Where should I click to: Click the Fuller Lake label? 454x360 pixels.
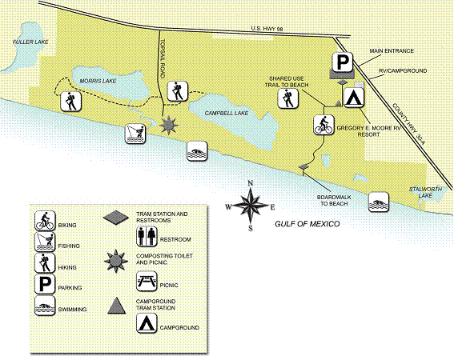pos(30,42)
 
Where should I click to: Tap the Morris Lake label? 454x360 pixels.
pos(98,81)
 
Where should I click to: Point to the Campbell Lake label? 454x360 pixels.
pos(227,113)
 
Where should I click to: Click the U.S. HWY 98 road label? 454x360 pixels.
pos(267,29)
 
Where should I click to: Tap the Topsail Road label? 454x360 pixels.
pos(163,58)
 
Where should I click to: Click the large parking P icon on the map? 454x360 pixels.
pos(342,62)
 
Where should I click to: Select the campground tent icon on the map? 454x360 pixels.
pos(354,98)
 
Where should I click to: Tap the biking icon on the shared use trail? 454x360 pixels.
pos(324,125)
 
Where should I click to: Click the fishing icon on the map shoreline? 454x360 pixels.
pos(135,134)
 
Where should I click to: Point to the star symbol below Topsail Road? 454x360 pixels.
pos(168,125)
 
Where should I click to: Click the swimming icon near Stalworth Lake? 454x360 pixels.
pos(379,202)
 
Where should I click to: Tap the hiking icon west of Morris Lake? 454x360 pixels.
pos(71,102)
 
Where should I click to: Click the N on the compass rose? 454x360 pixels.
pos(251,183)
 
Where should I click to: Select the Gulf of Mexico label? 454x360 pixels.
pos(307,224)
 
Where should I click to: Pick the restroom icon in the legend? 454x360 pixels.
pos(147,237)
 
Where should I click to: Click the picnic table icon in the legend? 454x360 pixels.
pos(147,281)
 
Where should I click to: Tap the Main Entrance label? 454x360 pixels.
pos(392,51)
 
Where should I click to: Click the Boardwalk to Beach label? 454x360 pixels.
pos(334,201)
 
